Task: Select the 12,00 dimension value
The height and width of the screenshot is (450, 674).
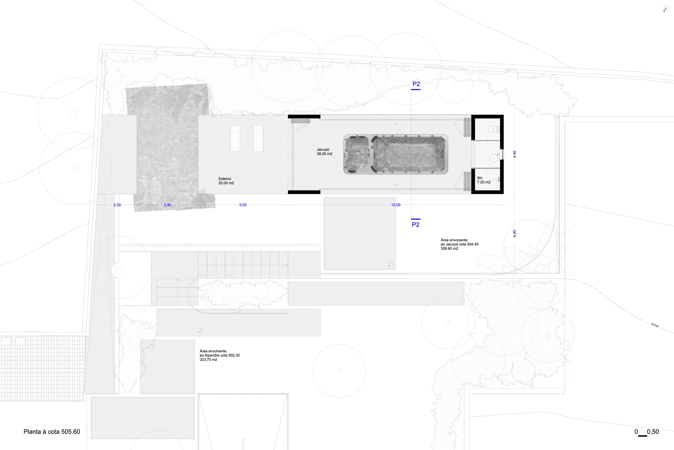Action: (x=396, y=205)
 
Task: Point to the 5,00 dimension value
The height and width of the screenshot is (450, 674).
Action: (x=243, y=205)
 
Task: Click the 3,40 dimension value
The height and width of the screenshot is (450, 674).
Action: (x=167, y=205)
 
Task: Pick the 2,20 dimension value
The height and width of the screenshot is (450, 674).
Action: (x=117, y=205)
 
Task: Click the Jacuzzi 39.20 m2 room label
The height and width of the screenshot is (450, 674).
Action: (x=324, y=152)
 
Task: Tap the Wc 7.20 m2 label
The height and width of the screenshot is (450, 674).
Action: (x=484, y=180)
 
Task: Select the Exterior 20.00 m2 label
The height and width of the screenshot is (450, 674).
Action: (x=226, y=181)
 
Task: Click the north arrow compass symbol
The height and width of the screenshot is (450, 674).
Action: (x=666, y=9)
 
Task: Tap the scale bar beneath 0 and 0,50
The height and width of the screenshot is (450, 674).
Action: (x=642, y=444)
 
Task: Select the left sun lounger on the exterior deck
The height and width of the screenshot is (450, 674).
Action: (x=235, y=138)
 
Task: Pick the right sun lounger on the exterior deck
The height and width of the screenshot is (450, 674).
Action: (x=258, y=138)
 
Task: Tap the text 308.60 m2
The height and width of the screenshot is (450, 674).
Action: (x=449, y=249)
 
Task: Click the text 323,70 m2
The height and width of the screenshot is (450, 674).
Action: (x=208, y=360)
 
